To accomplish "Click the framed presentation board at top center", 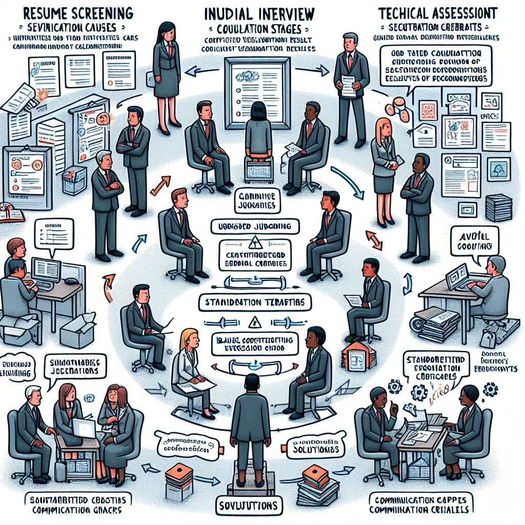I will click(258, 92).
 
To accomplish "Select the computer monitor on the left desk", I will click(46, 270).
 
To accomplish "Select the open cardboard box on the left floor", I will click(77, 328).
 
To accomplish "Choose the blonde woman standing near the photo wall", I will click(384, 169).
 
